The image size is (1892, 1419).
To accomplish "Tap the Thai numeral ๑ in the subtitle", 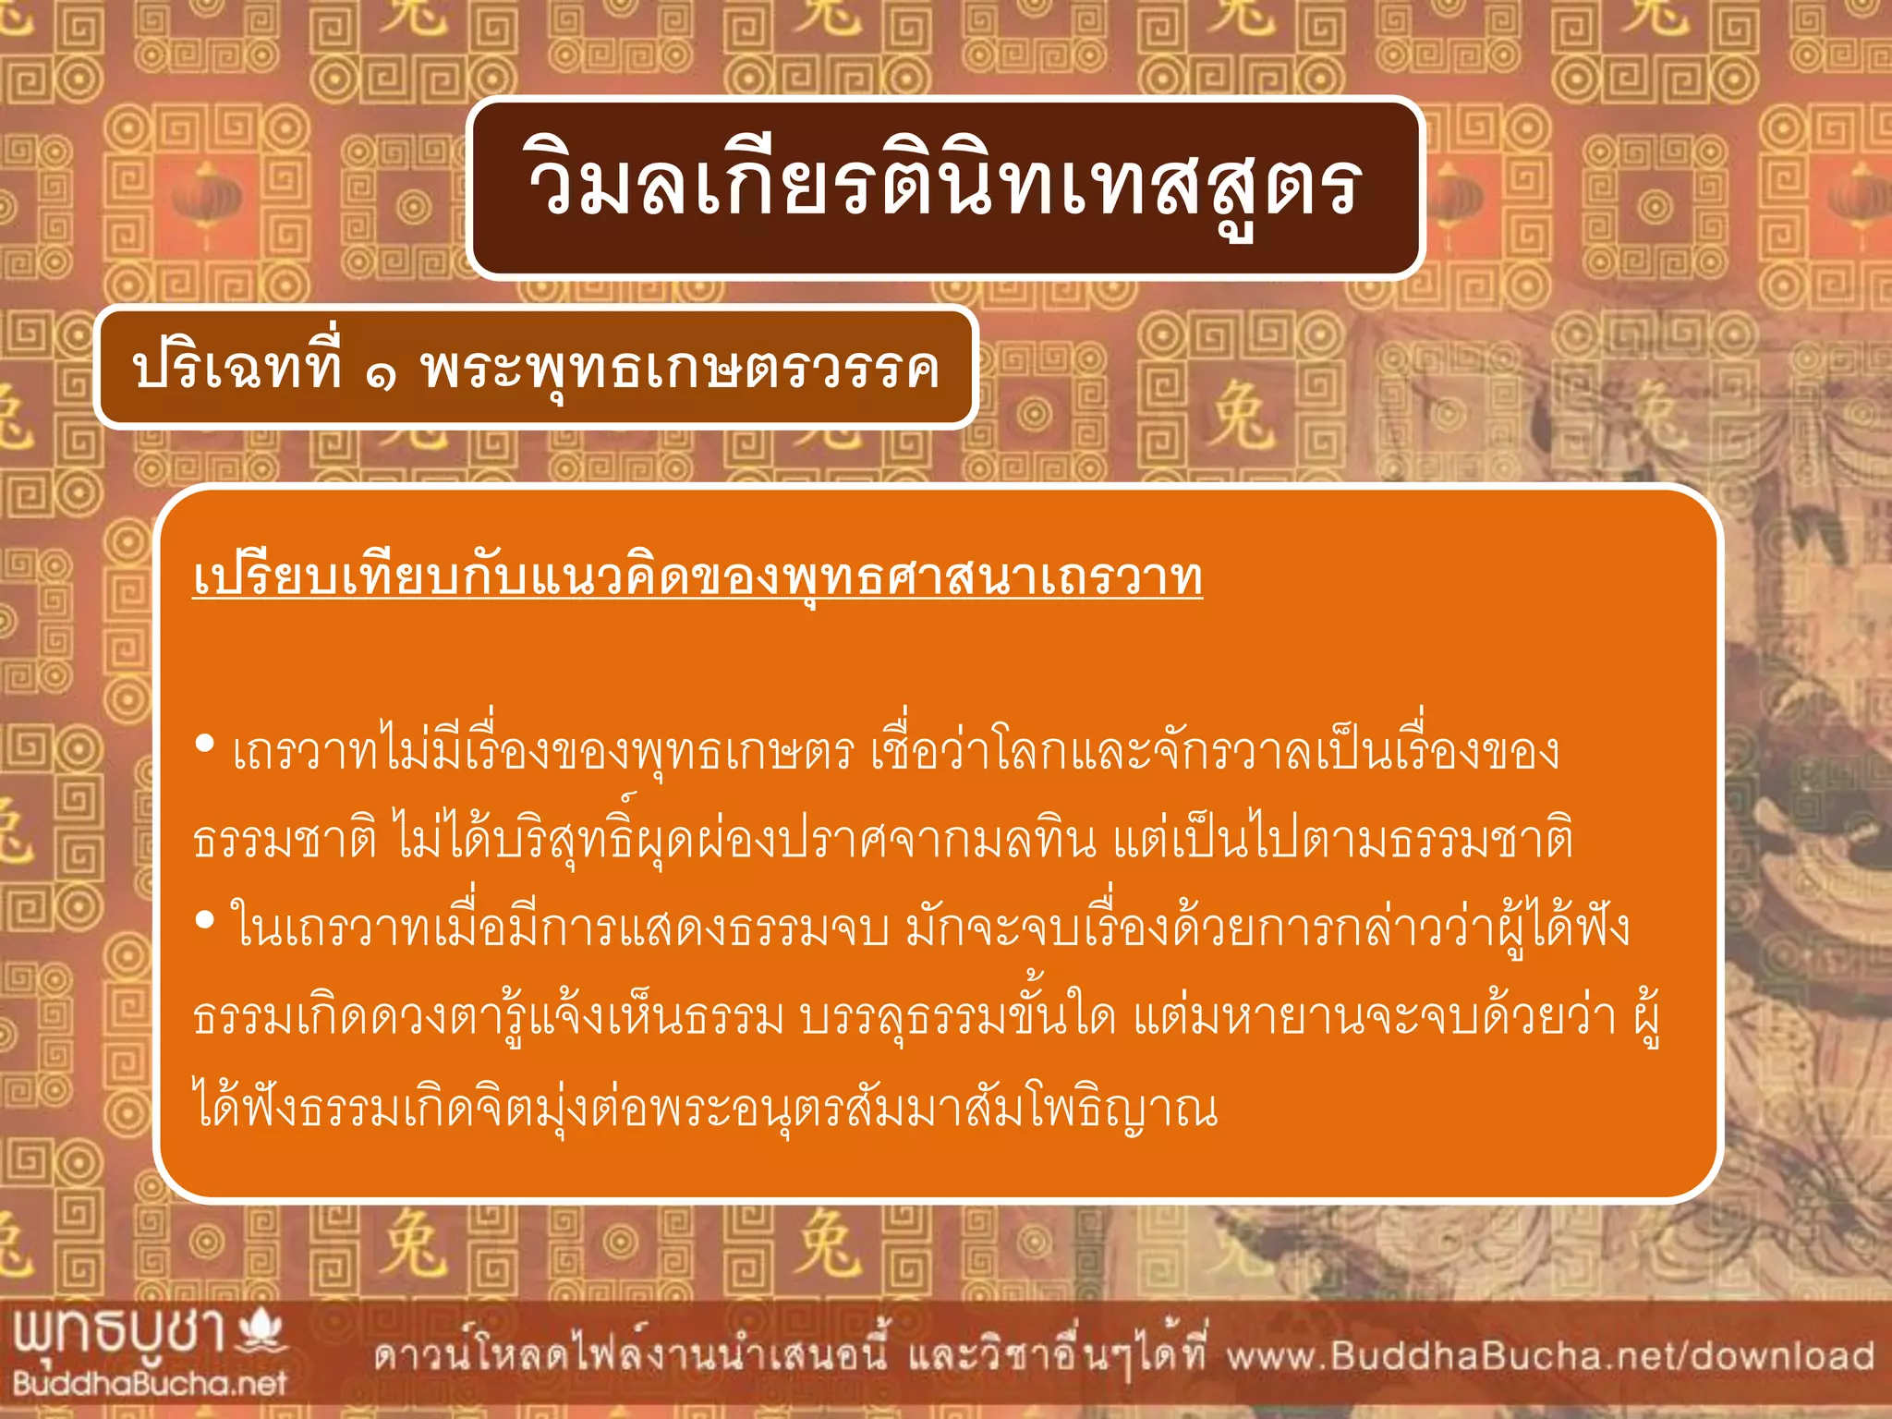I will tap(381, 371).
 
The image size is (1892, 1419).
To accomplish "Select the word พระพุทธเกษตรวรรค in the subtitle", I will tap(680, 370).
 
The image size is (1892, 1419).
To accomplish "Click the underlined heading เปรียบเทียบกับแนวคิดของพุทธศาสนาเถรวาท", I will tap(697, 576).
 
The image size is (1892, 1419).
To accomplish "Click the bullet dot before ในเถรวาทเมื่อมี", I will tap(205, 920).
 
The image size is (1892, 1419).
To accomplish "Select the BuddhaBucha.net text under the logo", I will tap(150, 1383).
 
